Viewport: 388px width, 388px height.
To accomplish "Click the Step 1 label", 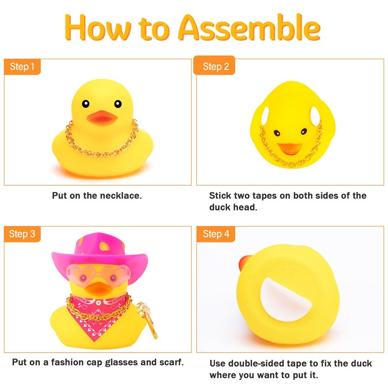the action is click(x=22, y=66).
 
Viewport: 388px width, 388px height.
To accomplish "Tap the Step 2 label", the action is click(x=214, y=65).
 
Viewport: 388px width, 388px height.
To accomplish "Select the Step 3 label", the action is click(x=22, y=234).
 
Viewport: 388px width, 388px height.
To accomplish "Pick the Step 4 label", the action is click(x=216, y=234).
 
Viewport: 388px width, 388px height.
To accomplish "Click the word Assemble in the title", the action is click(x=249, y=28).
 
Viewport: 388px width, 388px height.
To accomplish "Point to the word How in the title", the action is click(x=98, y=28).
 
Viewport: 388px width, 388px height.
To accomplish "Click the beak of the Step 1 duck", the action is click(x=102, y=118).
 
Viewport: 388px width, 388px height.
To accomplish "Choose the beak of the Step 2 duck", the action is click(x=290, y=149).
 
